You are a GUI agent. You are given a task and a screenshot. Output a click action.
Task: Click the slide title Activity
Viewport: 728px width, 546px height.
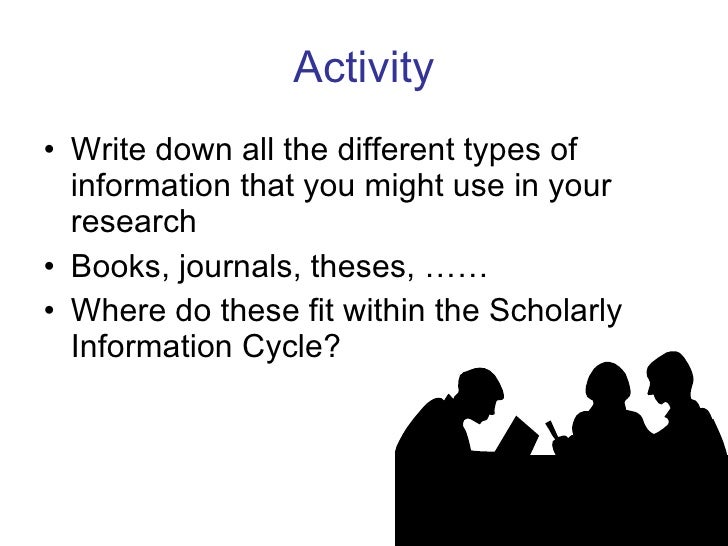[x=363, y=68]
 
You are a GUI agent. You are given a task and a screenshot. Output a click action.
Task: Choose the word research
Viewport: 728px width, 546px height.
[x=133, y=223]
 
